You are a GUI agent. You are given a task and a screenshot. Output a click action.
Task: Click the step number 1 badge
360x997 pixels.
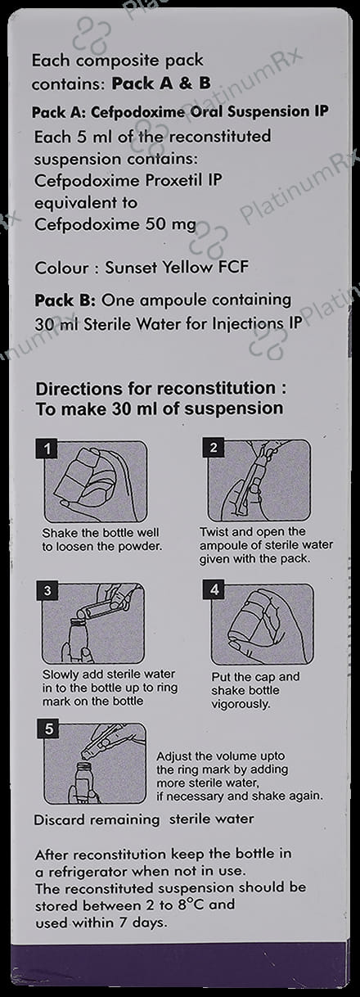tap(47, 449)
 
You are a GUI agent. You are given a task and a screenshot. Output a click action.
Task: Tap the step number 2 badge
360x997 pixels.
tap(214, 448)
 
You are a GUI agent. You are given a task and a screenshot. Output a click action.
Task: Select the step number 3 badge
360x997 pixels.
tap(47, 591)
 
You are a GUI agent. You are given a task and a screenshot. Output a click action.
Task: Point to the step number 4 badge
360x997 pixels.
tap(214, 590)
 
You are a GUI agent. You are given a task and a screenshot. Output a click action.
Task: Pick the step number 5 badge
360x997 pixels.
tap(49, 729)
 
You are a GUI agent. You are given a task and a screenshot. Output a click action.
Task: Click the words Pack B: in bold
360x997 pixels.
tap(65, 300)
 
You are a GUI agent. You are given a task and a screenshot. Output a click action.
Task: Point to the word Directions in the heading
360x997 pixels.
tap(79, 389)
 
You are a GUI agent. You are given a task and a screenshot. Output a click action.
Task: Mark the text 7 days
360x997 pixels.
tap(143, 923)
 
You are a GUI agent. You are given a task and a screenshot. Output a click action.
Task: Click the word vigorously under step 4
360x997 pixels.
tap(241, 705)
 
